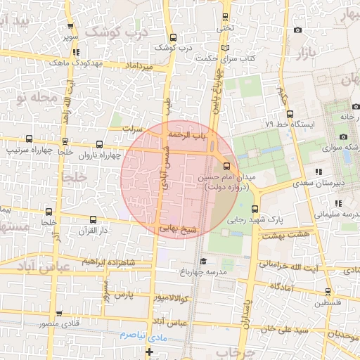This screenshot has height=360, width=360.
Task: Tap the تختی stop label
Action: [224, 28]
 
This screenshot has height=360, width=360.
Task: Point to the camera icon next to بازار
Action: [298, 30]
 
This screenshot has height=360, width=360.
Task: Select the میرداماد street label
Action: [138, 66]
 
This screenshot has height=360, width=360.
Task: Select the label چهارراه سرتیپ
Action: [25, 150]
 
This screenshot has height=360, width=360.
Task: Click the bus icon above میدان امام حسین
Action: [226, 167]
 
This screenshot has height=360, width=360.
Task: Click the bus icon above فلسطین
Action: [328, 292]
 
